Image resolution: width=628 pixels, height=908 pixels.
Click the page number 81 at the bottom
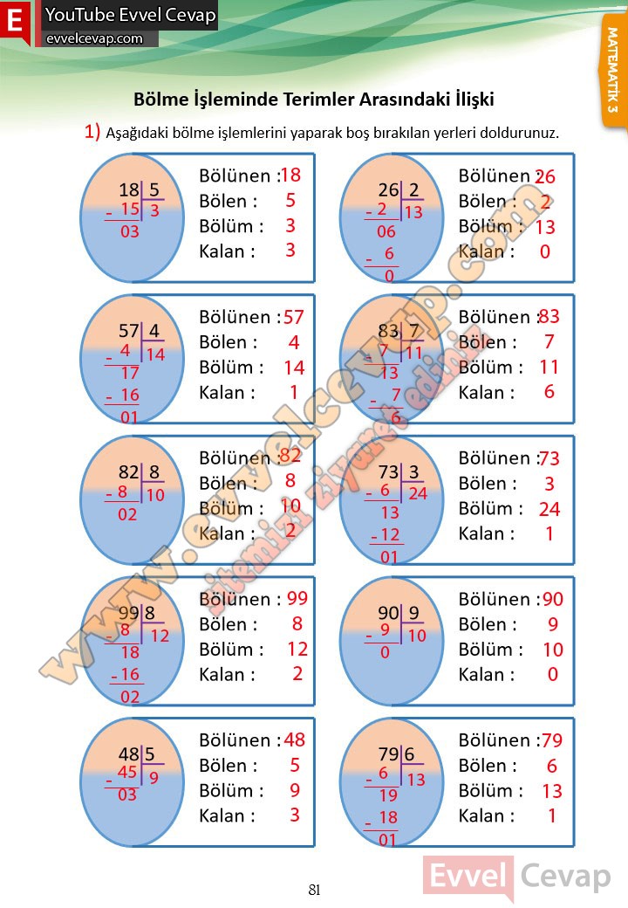315,890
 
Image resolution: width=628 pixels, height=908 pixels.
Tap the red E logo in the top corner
15,24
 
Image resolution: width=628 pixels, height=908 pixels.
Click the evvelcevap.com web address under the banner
94,38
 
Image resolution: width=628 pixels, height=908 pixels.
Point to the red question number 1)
92,132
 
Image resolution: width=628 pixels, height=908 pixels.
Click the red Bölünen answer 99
297,598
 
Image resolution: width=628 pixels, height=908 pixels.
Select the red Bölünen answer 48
295,740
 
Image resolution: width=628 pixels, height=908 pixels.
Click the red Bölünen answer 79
552,741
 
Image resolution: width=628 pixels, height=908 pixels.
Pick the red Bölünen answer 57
294,317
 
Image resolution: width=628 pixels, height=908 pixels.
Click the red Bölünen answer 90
553,599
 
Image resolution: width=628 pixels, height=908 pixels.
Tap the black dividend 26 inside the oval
388,190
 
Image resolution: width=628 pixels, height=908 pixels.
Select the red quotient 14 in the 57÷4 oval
155,354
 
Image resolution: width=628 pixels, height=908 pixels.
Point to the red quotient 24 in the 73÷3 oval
417,493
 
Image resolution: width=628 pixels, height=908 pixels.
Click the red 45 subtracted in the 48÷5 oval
127,772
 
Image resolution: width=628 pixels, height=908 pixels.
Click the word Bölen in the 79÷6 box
486,766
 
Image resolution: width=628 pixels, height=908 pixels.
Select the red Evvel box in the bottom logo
468,876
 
